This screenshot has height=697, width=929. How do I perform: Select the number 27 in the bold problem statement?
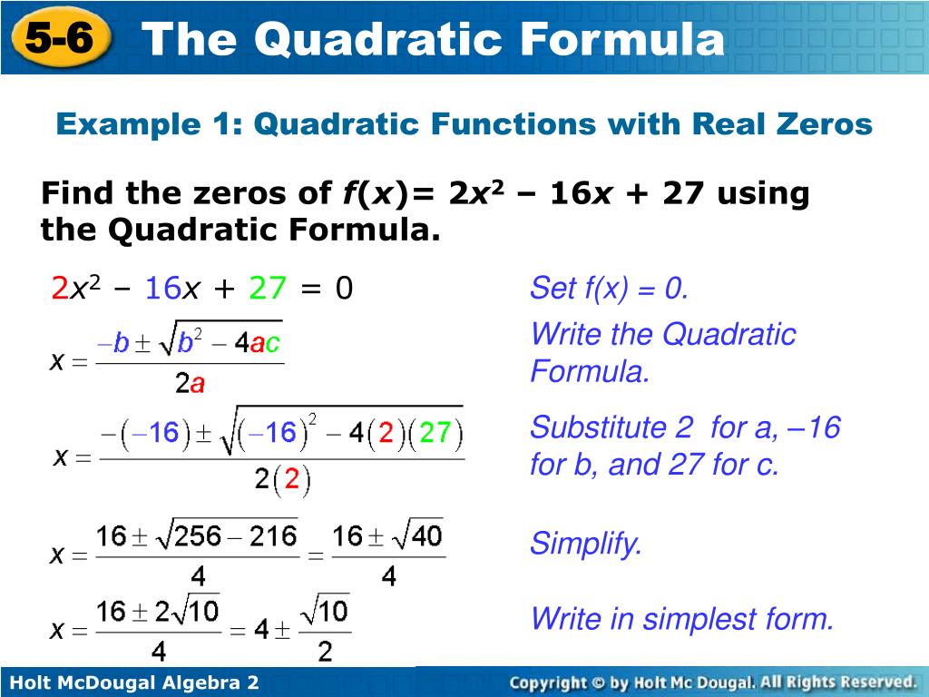683,193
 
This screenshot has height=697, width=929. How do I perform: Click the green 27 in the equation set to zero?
268,289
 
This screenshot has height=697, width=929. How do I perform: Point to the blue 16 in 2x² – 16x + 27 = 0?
163,289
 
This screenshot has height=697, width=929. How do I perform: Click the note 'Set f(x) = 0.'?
610,289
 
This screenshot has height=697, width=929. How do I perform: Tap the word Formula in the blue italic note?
590,371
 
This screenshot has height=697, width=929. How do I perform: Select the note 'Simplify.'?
586,545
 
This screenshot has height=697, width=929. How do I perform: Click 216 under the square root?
272,536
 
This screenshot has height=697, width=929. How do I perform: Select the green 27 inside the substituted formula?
435,433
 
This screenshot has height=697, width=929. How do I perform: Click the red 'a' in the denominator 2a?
197,385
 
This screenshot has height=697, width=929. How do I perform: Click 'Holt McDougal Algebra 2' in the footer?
134,682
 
